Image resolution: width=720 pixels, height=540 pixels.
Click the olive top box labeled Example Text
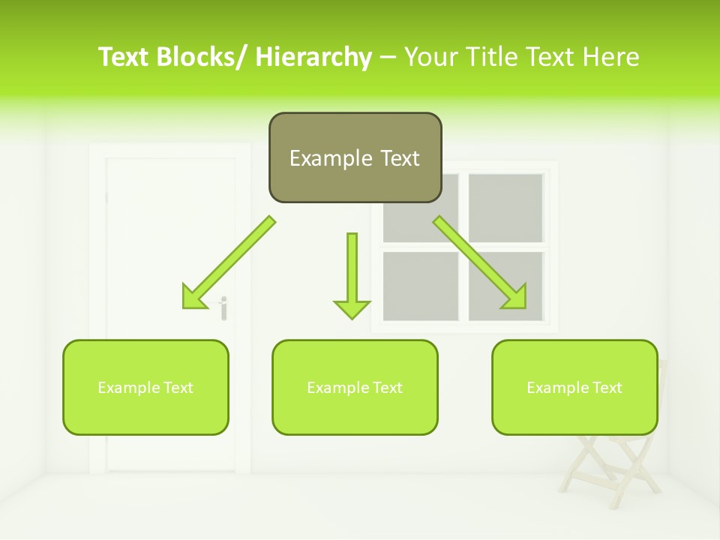click(x=355, y=158)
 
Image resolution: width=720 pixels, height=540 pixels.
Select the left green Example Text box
click(x=145, y=388)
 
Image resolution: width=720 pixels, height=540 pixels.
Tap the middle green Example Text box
click(x=355, y=388)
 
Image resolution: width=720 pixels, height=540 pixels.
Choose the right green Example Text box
click(x=574, y=388)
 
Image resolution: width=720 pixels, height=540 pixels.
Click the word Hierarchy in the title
click(x=313, y=57)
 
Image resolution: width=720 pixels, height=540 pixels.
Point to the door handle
click(x=223, y=307)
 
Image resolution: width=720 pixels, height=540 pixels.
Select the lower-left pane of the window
click(x=420, y=285)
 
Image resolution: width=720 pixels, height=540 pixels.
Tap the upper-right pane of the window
click(x=505, y=208)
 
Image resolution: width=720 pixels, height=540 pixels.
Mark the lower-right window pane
click(x=505, y=285)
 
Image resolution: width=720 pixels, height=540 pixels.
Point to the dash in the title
click(x=388, y=57)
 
